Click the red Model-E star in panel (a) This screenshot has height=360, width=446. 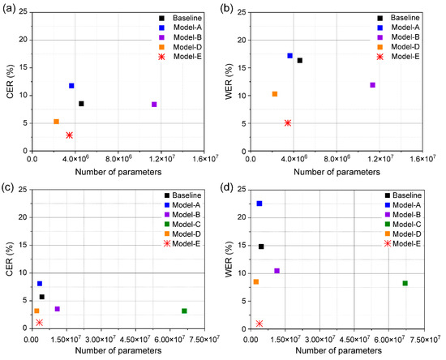pyautogui.click(x=69, y=135)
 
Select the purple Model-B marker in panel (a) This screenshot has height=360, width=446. pyautogui.click(x=154, y=105)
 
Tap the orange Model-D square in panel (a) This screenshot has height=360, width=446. pyautogui.click(x=56, y=122)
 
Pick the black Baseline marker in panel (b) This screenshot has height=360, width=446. pyautogui.click(x=299, y=61)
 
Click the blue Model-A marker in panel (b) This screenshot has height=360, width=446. pyautogui.click(x=289, y=56)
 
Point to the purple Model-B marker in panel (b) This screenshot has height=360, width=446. pyautogui.click(x=372, y=85)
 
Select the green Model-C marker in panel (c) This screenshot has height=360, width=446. pyautogui.click(x=184, y=311)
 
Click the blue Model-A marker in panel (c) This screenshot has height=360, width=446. pyautogui.click(x=40, y=284)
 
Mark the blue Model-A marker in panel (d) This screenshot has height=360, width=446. pyautogui.click(x=259, y=204)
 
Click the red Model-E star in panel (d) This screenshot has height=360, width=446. pyautogui.click(x=259, y=324)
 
